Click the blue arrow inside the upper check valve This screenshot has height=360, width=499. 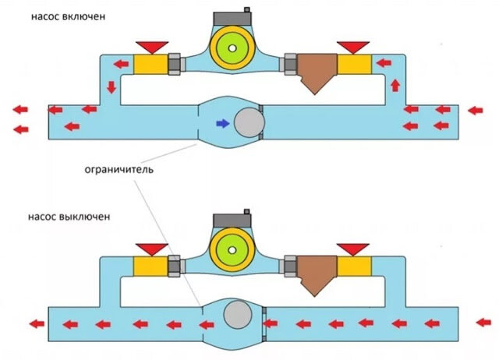tap(223, 123)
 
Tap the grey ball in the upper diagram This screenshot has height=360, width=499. tap(249, 122)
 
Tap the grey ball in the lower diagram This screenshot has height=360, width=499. tap(238, 315)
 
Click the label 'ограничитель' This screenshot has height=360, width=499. tap(119, 170)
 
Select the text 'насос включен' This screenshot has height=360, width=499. tap(68, 16)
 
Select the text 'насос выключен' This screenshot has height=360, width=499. tap(69, 217)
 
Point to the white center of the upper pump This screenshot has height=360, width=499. tap(232, 48)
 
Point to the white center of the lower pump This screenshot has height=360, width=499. tap(232, 250)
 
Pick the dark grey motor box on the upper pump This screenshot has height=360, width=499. tap(232, 19)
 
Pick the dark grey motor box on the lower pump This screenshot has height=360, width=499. tap(232, 221)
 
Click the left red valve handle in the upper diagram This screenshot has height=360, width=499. tap(152, 47)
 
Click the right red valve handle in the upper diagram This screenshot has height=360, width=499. tap(353, 47)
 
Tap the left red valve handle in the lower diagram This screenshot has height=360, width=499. tap(152, 249)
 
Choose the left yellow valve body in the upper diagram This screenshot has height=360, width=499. tap(150, 64)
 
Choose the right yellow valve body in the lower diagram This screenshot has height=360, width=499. tap(354, 266)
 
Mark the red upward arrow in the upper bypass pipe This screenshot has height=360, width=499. tap(395, 86)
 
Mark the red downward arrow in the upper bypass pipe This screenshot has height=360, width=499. tap(111, 87)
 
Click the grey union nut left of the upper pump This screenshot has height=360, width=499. tap(175, 64)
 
